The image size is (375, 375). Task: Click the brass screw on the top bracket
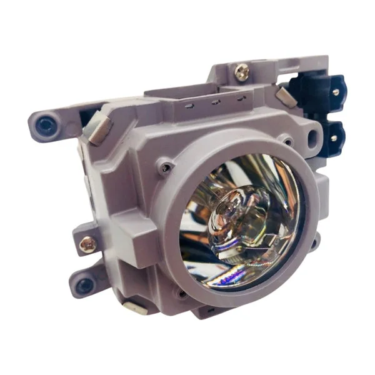point(241,72)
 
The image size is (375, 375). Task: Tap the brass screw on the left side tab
point(88,244)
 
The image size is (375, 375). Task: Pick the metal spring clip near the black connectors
point(286,96)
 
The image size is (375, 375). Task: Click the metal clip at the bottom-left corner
point(134,307)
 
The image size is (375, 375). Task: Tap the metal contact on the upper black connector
point(336,92)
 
